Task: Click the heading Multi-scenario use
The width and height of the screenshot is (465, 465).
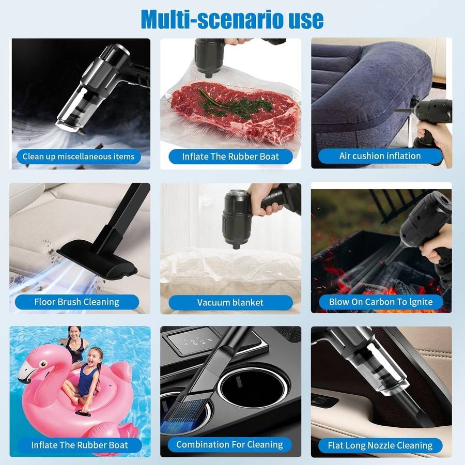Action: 232,20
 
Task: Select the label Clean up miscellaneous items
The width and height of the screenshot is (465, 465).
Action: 79,156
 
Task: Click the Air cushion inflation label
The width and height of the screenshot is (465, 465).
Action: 380,156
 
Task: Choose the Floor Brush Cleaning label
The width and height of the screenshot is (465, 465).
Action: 77,302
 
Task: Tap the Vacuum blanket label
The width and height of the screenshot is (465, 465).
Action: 230,302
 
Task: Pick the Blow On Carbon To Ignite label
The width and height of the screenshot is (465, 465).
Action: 381,302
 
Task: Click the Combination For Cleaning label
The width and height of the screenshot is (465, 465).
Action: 229,444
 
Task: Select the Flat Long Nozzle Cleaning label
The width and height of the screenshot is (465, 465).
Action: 380,445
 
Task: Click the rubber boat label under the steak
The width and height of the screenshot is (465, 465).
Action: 230,156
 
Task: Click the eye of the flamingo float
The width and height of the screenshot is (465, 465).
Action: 43,364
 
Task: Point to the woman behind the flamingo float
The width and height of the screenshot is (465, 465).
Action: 74,344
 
